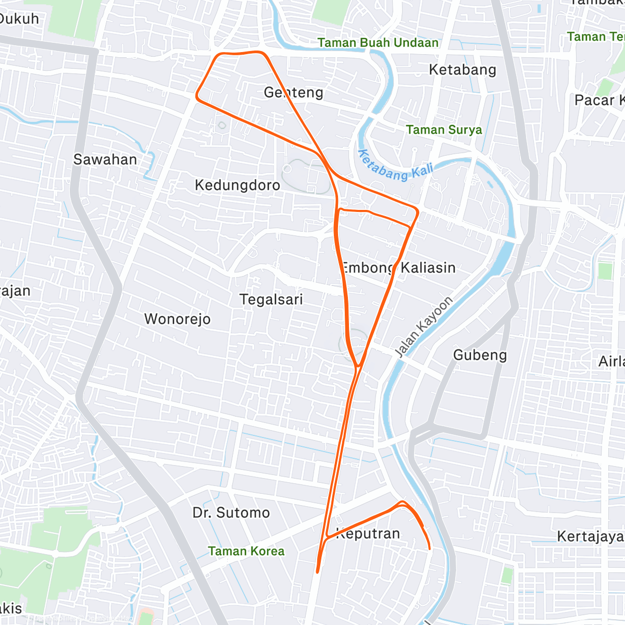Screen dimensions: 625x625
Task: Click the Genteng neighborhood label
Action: pos(293,93)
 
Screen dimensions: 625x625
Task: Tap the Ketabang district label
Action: pos(463,70)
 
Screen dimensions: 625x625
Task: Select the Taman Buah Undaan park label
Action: pos(378,43)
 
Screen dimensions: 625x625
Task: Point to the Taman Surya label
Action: pos(444,130)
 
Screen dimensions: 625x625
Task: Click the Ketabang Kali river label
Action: pos(395,166)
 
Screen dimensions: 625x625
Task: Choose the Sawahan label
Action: pos(105,159)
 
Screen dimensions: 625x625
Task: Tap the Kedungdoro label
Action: pos(238,185)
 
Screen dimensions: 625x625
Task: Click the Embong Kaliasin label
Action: pos(398,268)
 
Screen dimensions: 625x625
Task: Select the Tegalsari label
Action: pos(271,299)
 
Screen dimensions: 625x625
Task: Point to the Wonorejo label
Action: pos(178,319)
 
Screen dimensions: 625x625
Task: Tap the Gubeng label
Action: pos(480,355)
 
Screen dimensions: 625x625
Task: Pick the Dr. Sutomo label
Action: pos(231,513)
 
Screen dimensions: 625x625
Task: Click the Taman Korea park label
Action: pos(246,551)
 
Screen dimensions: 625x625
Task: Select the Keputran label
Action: pos(369,534)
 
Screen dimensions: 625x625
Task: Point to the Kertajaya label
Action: pos(590,536)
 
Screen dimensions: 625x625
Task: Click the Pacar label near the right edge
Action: pos(599,100)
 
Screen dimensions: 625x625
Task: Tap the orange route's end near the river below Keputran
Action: pos(429,548)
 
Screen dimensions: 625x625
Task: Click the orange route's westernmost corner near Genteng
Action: pos(197,96)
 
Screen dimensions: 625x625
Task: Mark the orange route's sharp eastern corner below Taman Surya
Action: pos(418,211)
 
